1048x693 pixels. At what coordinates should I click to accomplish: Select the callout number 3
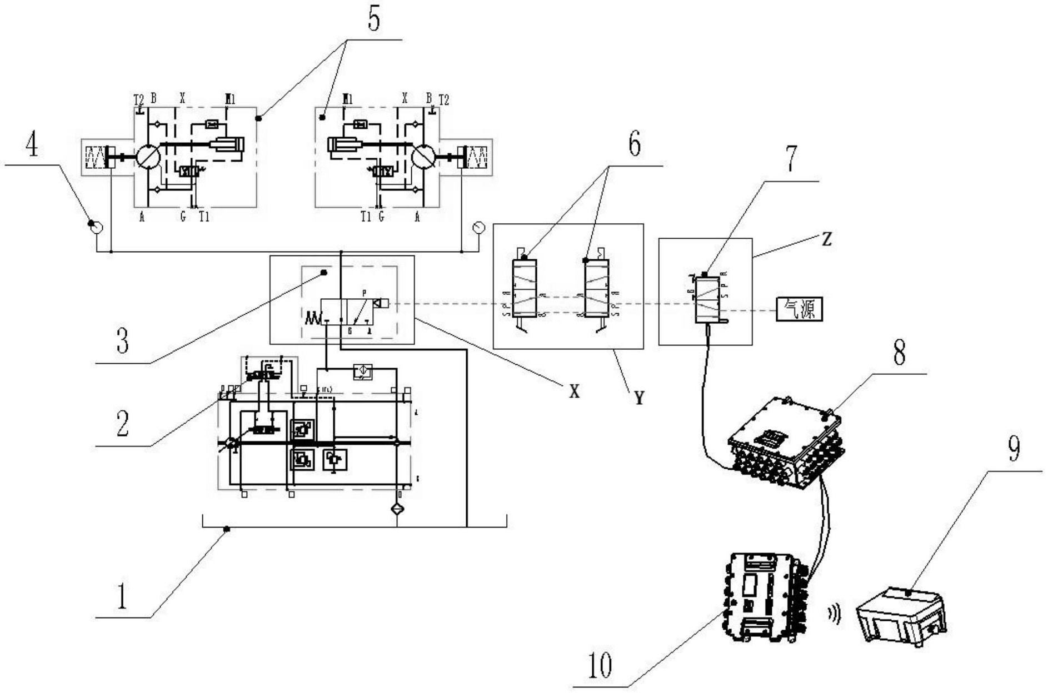coord(123,340)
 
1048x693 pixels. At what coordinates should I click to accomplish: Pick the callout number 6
coord(634,144)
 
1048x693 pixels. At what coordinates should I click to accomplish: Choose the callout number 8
coord(899,352)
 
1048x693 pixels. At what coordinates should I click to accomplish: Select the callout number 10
coord(600,665)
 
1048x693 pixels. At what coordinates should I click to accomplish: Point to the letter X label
coord(575,392)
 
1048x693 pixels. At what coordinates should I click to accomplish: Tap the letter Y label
coord(640,398)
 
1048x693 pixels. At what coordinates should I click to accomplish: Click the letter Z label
coord(827,239)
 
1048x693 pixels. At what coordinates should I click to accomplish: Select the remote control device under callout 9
coord(900,616)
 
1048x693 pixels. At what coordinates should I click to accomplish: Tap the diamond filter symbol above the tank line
coord(397,508)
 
